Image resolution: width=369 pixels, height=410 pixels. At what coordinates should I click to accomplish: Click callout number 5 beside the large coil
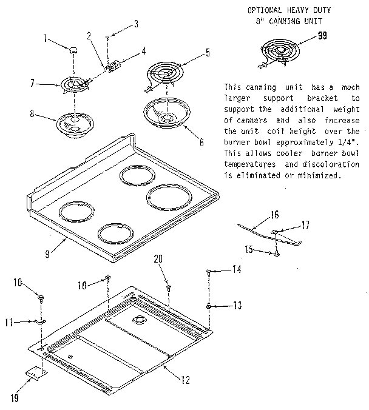(208, 53)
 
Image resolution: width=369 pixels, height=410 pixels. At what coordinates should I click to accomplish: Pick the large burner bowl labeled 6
(166, 113)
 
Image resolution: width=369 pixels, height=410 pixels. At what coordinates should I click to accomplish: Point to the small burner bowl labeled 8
(73, 124)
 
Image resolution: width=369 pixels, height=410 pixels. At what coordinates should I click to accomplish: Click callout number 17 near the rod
(305, 225)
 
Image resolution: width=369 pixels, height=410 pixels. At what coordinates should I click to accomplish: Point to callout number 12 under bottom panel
(185, 380)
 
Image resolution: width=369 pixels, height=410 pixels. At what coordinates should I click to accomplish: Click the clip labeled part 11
(41, 322)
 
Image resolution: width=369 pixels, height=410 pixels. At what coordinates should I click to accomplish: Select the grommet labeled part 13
(209, 306)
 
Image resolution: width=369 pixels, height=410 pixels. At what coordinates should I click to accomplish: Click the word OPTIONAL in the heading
(265, 10)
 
